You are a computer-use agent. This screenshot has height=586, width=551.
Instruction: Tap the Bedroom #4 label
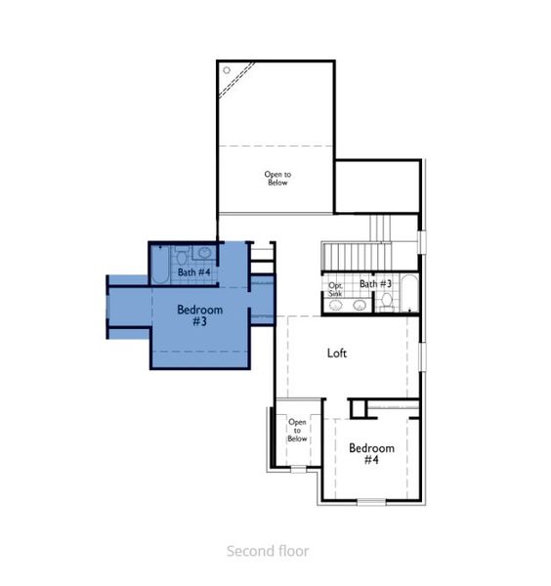click(x=371, y=453)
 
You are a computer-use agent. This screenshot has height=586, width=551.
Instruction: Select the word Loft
click(x=336, y=354)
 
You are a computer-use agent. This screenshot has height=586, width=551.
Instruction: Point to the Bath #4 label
click(x=193, y=272)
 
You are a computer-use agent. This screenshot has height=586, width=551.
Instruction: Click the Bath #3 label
click(x=375, y=284)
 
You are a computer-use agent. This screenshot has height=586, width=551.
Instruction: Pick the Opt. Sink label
click(x=335, y=289)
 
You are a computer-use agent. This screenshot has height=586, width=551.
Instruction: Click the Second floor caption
click(x=268, y=552)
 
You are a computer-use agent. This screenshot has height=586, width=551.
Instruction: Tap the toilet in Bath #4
click(x=181, y=256)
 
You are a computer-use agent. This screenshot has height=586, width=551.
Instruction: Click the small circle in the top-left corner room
click(x=227, y=70)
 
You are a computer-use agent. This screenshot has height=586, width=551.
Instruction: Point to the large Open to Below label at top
click(x=277, y=178)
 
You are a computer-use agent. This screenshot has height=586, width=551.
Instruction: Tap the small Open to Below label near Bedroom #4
click(x=297, y=431)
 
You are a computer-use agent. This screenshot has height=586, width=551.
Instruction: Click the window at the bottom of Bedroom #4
click(x=371, y=501)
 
